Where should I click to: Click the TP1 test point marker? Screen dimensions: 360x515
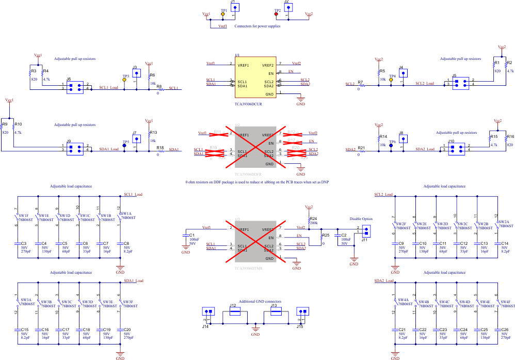click(223, 14)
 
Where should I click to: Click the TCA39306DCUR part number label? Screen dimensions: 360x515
click(248, 104)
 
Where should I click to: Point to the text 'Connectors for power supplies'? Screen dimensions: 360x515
click(257, 26)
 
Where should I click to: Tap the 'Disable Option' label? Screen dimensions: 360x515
click(361, 219)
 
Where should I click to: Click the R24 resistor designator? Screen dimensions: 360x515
click(314, 218)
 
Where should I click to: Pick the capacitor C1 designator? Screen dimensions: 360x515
click(191, 236)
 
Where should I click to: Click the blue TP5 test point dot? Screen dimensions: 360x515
click(124, 146)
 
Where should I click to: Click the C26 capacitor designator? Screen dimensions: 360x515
click(505, 330)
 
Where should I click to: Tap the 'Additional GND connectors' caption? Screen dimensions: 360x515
click(253, 301)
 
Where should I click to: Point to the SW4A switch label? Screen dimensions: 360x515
click(404, 300)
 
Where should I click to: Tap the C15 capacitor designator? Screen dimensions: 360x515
click(25, 330)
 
